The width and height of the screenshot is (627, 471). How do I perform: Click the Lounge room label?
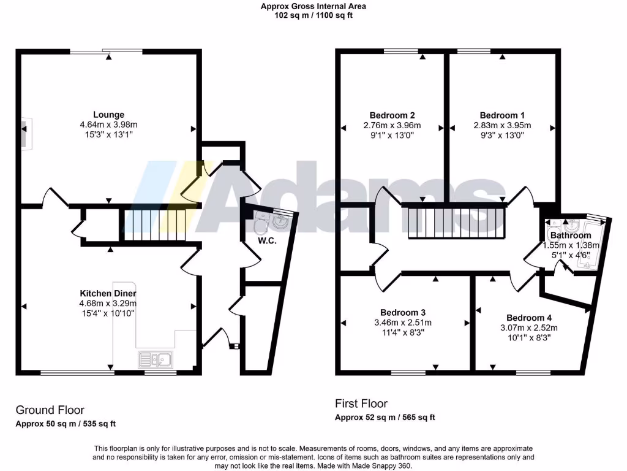108,114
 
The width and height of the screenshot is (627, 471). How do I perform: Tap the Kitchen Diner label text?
108,293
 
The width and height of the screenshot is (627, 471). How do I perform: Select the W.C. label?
268,241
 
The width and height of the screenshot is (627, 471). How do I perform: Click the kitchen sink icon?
157,359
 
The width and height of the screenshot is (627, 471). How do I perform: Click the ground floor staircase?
155,225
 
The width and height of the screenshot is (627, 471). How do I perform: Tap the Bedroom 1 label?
502,115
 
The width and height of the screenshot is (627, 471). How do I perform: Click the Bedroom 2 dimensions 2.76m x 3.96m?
392,125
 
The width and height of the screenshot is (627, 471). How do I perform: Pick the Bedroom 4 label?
530,318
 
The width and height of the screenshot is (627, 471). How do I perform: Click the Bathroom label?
571,235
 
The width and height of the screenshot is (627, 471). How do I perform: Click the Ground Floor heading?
50,410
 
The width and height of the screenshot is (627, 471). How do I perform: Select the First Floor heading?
361,404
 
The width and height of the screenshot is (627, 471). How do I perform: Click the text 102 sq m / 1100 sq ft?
313,15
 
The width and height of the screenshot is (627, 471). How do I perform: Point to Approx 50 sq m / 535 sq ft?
66,424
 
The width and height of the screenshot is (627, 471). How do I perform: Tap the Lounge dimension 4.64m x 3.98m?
108,124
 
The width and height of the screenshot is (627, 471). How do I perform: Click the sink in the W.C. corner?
281,221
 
